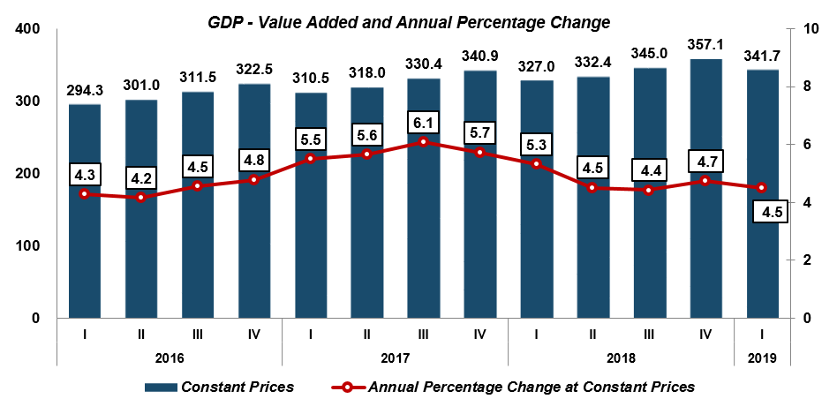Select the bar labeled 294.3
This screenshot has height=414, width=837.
click(85, 256)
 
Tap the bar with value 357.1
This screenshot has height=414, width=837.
click(705, 247)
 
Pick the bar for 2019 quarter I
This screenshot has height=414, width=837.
click(762, 256)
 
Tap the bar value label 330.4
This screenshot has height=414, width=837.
click(424, 66)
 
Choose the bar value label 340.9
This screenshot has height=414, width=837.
click(480, 57)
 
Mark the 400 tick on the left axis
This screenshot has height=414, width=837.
click(30, 29)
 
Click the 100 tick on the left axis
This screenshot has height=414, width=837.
click(30, 245)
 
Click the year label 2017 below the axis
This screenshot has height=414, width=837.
click(396, 358)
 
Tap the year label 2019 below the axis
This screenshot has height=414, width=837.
click(763, 358)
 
